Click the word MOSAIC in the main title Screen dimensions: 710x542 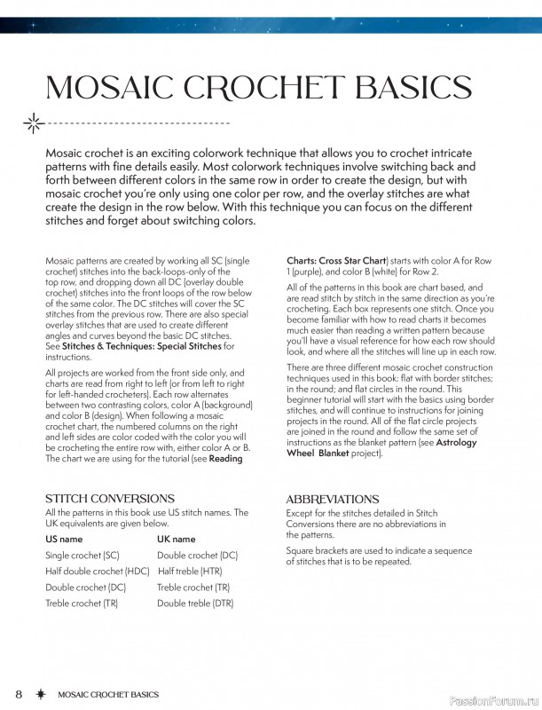click(106, 89)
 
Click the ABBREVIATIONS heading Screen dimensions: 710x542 click(333, 500)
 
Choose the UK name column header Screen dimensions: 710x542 click(176, 539)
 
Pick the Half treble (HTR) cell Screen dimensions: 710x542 click(189, 571)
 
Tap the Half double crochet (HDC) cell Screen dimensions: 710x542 click(98, 571)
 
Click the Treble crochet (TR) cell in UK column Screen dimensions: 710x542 click(193, 587)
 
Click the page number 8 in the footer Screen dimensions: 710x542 click(19, 693)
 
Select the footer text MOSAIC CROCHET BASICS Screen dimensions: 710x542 click(106, 693)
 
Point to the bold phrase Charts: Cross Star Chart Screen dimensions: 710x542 click(336, 260)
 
